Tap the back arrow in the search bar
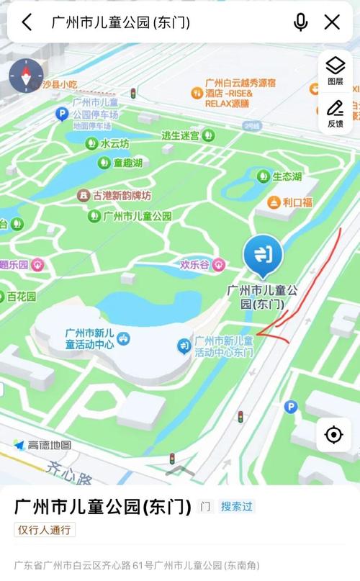(27, 22)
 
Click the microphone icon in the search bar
(300, 22)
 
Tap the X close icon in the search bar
(332, 22)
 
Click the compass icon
(24, 76)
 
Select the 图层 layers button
(335, 71)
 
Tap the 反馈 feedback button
(335, 113)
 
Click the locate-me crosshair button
(333, 435)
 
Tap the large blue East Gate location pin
(263, 255)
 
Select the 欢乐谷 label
(193, 265)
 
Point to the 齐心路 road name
(73, 478)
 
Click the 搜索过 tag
(237, 506)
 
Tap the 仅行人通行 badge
(45, 530)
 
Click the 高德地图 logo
(43, 445)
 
